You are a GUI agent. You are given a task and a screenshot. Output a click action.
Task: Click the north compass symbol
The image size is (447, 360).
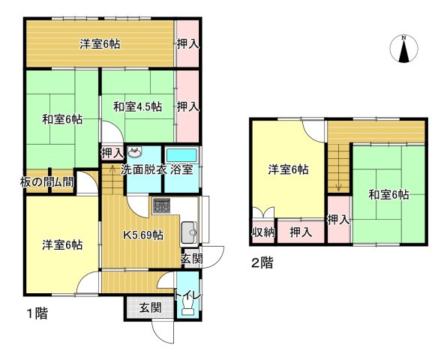(403, 49)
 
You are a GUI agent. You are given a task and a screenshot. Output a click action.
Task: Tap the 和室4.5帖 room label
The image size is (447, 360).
(138, 107)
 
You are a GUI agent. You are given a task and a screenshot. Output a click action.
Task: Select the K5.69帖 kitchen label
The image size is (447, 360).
(143, 235)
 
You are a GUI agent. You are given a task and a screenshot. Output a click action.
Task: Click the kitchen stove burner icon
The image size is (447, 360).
(162, 205)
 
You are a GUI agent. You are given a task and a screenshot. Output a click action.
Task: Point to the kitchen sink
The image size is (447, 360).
(189, 232)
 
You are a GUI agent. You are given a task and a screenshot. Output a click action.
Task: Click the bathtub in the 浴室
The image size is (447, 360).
(181, 155)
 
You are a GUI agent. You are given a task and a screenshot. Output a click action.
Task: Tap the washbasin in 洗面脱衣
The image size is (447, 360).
(134, 152)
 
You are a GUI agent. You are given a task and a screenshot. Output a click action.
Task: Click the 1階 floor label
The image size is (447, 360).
(37, 313)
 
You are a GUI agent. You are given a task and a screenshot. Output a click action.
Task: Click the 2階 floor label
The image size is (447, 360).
(262, 262)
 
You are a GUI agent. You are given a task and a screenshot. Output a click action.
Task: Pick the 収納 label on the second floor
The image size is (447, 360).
(263, 232)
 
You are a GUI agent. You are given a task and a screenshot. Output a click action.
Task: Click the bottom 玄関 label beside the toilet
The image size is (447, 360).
(151, 307)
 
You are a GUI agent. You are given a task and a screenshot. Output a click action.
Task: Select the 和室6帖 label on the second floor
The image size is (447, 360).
(388, 195)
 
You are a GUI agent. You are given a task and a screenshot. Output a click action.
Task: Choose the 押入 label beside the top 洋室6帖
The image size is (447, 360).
(187, 44)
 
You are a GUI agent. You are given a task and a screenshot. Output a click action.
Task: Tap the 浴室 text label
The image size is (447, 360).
(181, 170)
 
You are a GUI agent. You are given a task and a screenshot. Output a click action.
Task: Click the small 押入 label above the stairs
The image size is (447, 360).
(112, 154)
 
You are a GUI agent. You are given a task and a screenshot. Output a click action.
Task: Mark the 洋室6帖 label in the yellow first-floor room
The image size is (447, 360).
(62, 244)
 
